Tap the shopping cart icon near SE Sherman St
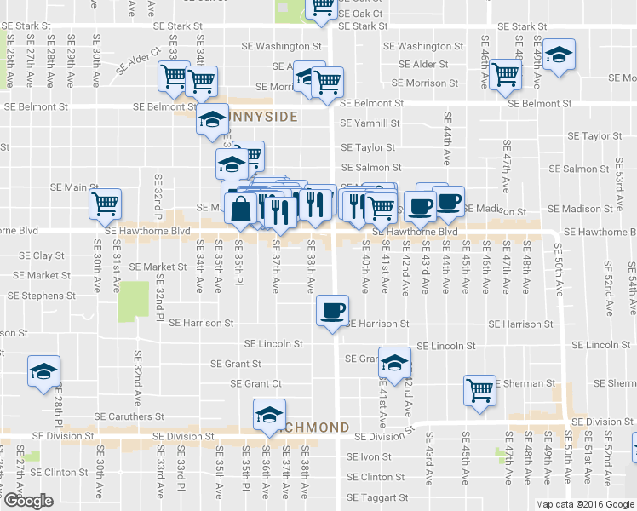480,389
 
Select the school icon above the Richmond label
269,414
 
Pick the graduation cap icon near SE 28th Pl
43,371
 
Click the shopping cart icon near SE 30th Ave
106,204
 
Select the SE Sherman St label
526,383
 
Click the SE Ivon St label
369,456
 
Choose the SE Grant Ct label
256,384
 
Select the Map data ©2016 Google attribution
584,504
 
